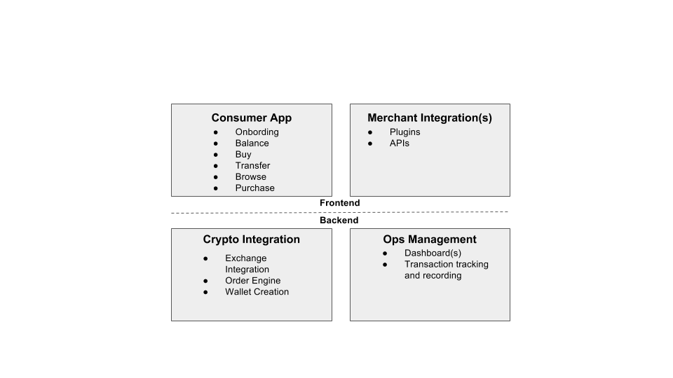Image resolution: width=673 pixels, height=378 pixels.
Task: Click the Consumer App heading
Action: [x=251, y=118]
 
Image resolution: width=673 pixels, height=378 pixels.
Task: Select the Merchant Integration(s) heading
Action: [x=429, y=118]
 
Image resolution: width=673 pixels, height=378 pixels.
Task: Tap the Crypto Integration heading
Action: [x=251, y=239]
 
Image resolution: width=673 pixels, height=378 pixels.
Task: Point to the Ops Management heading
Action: [x=429, y=239]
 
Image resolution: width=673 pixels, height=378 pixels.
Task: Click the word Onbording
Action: [x=257, y=132]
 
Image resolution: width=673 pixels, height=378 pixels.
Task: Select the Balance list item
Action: [x=252, y=143]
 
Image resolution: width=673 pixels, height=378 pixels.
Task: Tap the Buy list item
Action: [x=243, y=155]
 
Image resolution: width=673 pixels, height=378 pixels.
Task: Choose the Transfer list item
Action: [x=252, y=166]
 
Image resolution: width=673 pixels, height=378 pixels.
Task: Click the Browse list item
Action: [x=251, y=177]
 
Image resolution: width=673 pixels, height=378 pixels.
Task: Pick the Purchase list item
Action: [x=254, y=188]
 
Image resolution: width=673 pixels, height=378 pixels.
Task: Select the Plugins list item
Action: [x=405, y=132]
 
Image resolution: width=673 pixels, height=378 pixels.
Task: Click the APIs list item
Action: [x=399, y=143]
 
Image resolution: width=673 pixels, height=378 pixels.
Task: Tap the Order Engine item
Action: [x=252, y=281]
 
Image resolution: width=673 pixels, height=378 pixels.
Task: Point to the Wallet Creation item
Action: [x=257, y=292]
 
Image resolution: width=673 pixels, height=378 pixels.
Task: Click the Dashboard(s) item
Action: [x=433, y=253]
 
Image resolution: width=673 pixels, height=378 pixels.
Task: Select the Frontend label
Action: [x=339, y=203]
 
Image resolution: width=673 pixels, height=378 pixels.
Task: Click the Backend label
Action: [x=339, y=220]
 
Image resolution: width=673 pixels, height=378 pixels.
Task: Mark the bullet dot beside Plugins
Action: [x=370, y=132]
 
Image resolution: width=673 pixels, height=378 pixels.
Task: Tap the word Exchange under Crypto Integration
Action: [x=245, y=258]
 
